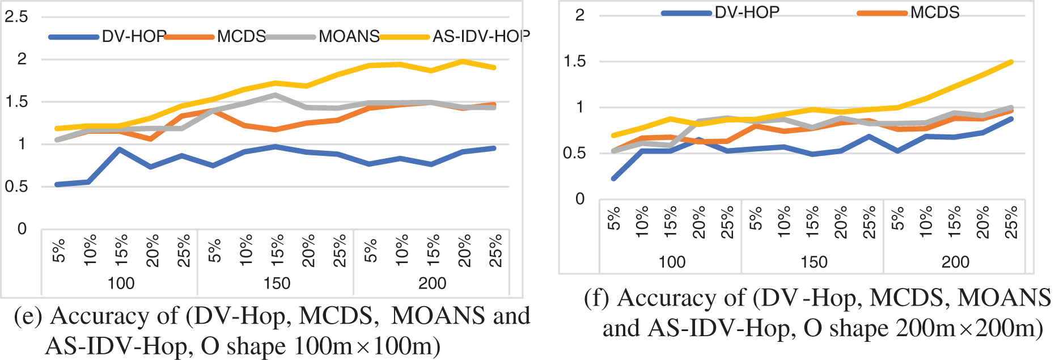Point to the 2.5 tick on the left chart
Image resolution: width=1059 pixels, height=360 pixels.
coord(16,17)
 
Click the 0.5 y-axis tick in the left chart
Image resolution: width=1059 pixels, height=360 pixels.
coord(16,187)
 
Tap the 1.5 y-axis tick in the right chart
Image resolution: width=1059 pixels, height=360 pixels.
coord(575,61)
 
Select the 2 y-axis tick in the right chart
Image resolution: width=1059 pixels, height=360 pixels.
coord(580,15)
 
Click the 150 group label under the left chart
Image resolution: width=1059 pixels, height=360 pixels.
coord(277,283)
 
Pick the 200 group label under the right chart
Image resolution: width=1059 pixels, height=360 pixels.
coord(955,262)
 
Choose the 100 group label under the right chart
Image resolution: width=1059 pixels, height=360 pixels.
coord(672,262)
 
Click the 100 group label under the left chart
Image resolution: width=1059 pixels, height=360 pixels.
coord(121,283)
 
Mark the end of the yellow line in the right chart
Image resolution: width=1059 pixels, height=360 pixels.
coord(1012,62)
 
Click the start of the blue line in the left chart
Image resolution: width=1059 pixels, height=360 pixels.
coord(57,185)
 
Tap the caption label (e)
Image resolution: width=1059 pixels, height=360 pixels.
coord(28,316)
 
